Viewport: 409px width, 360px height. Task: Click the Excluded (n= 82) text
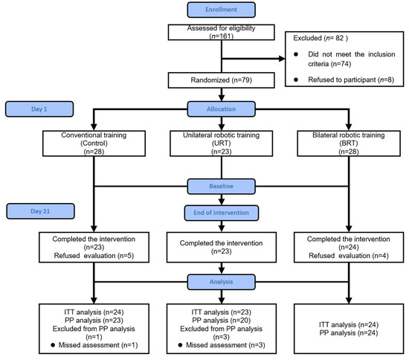(321, 37)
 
